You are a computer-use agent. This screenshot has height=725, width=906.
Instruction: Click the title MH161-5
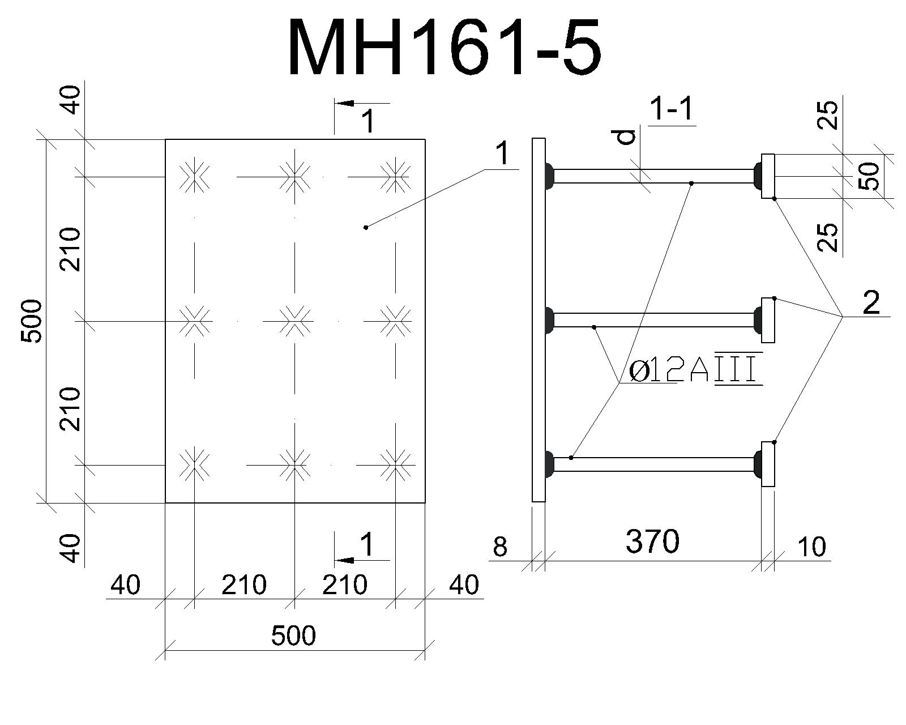pos(444,47)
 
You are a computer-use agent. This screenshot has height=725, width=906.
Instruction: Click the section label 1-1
pos(672,109)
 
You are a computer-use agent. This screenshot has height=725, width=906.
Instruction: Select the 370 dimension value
pos(652,541)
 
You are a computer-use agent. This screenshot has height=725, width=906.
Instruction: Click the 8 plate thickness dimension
pos(500,547)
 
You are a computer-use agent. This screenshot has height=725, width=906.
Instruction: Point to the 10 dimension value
pos(811,547)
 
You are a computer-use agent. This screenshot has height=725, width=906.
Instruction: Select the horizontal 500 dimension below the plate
pos(293,636)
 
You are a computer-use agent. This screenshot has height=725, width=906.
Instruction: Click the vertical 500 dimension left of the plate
pos(32,321)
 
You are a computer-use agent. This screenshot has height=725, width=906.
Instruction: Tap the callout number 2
pos(871,302)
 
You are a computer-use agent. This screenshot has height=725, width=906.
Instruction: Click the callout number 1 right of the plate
pos(503,153)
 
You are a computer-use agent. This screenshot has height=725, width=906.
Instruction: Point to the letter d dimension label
pos(627,137)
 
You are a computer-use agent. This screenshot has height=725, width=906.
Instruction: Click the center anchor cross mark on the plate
pos(294,321)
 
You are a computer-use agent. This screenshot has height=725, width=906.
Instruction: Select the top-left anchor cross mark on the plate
pos(194,177)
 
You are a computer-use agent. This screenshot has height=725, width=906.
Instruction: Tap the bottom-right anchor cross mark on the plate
pos(395,465)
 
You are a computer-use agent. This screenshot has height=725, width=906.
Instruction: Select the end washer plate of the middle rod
pos(768,320)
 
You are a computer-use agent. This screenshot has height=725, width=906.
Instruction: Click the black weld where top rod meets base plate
pos(549,176)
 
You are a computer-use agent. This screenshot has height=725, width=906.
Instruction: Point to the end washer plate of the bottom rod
pos(768,464)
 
